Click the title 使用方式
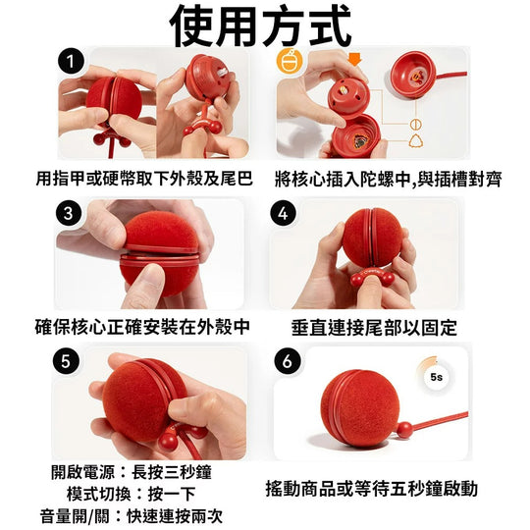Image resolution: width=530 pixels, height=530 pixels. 261,27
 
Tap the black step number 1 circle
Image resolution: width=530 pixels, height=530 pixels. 71,62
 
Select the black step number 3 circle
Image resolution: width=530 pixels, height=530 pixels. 69,213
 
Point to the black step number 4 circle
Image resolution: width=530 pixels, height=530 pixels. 284,213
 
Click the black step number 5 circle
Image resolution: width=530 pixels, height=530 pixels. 67,361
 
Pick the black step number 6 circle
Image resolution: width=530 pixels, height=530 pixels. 288,361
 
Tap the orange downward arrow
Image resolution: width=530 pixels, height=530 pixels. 355,59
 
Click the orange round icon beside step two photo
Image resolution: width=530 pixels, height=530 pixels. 289,62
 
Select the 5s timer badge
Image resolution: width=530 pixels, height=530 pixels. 437,377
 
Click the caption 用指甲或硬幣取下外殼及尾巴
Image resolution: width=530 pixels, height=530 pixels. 144,179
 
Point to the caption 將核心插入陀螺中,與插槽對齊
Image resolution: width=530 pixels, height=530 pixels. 388,180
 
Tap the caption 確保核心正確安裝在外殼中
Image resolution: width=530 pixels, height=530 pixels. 142,327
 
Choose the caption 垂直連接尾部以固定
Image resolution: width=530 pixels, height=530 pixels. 374,328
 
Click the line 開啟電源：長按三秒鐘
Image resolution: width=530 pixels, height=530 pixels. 132,472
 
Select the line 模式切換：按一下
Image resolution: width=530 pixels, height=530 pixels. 132,494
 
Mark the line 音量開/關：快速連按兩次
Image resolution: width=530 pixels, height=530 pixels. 132,516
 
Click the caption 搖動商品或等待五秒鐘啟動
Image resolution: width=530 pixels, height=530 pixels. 371,489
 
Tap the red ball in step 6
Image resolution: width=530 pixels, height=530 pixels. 360,407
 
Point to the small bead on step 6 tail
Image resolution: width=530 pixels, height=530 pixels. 404,430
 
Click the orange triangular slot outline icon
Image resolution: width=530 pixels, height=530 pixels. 416,140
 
